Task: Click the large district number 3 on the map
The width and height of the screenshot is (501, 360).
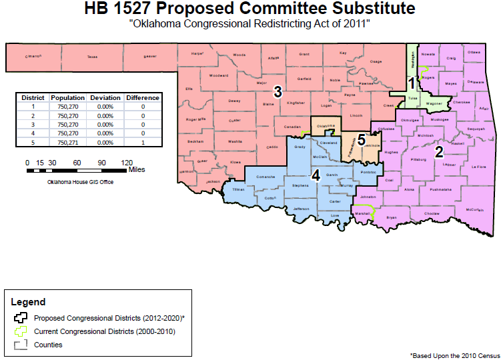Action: pos(278,90)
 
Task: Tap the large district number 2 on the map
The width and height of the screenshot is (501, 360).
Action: pos(439,151)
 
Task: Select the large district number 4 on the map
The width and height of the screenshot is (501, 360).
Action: pos(317,175)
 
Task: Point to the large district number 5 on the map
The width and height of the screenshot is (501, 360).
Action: pos(361,140)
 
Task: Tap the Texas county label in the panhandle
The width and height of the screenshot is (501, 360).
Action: pos(92,57)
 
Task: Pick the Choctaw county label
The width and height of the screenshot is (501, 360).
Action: pos(432,213)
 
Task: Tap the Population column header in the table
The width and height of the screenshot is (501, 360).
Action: pos(67,98)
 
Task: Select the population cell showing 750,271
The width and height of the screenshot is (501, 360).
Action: pos(67,142)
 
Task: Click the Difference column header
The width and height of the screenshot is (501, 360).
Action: pos(143,98)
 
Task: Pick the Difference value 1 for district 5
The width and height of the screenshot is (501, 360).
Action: pos(143,142)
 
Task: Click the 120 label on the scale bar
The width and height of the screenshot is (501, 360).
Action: pos(127,163)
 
